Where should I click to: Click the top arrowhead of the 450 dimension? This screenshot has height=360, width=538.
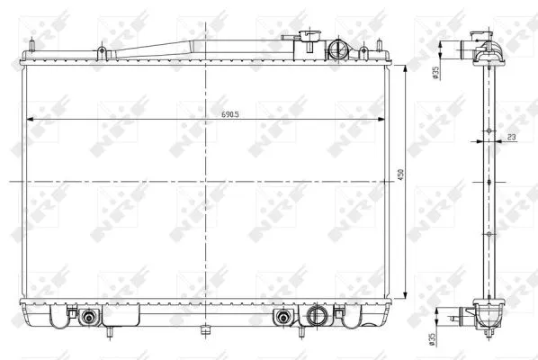tap(408, 68)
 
